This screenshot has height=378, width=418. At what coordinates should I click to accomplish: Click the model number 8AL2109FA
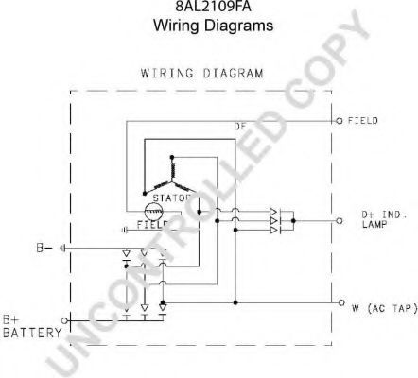(213, 6)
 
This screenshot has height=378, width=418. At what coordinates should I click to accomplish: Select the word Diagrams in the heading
(238, 26)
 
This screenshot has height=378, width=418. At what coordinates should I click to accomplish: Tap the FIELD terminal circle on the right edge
(340, 121)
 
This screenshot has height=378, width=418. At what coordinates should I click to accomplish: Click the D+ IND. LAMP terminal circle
(340, 221)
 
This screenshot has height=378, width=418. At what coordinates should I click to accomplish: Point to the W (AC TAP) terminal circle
(341, 302)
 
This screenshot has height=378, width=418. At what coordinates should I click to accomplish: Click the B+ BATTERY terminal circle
(64, 320)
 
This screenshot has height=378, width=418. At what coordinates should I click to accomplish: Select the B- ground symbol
(62, 249)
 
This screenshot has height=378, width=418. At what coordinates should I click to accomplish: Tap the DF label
(240, 127)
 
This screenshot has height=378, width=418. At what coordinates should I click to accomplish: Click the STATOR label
(171, 198)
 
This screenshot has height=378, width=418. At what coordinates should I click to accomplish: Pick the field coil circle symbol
(153, 212)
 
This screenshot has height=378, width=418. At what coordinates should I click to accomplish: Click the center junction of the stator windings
(172, 181)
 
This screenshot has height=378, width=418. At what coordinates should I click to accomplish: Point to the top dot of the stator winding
(172, 157)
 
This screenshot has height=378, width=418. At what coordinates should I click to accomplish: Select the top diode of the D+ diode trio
(273, 212)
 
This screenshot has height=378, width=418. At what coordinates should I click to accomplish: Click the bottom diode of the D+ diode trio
(273, 231)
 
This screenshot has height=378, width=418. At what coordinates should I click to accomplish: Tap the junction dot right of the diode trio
(293, 221)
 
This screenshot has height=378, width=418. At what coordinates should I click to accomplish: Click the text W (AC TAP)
(385, 308)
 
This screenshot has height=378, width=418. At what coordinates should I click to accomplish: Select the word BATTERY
(32, 333)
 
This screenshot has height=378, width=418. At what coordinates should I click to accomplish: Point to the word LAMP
(374, 225)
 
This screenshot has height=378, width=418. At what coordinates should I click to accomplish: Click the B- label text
(44, 249)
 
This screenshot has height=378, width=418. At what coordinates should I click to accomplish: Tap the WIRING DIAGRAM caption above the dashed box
(201, 74)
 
